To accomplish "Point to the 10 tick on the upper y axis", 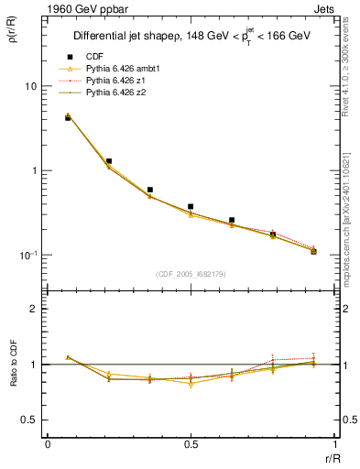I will coord(30,86).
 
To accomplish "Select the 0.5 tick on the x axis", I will coord(191,444).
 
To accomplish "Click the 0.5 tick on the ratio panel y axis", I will coord(30,420).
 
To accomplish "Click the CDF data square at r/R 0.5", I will coord(191,207).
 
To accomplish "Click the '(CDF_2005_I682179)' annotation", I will coord(191,274).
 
